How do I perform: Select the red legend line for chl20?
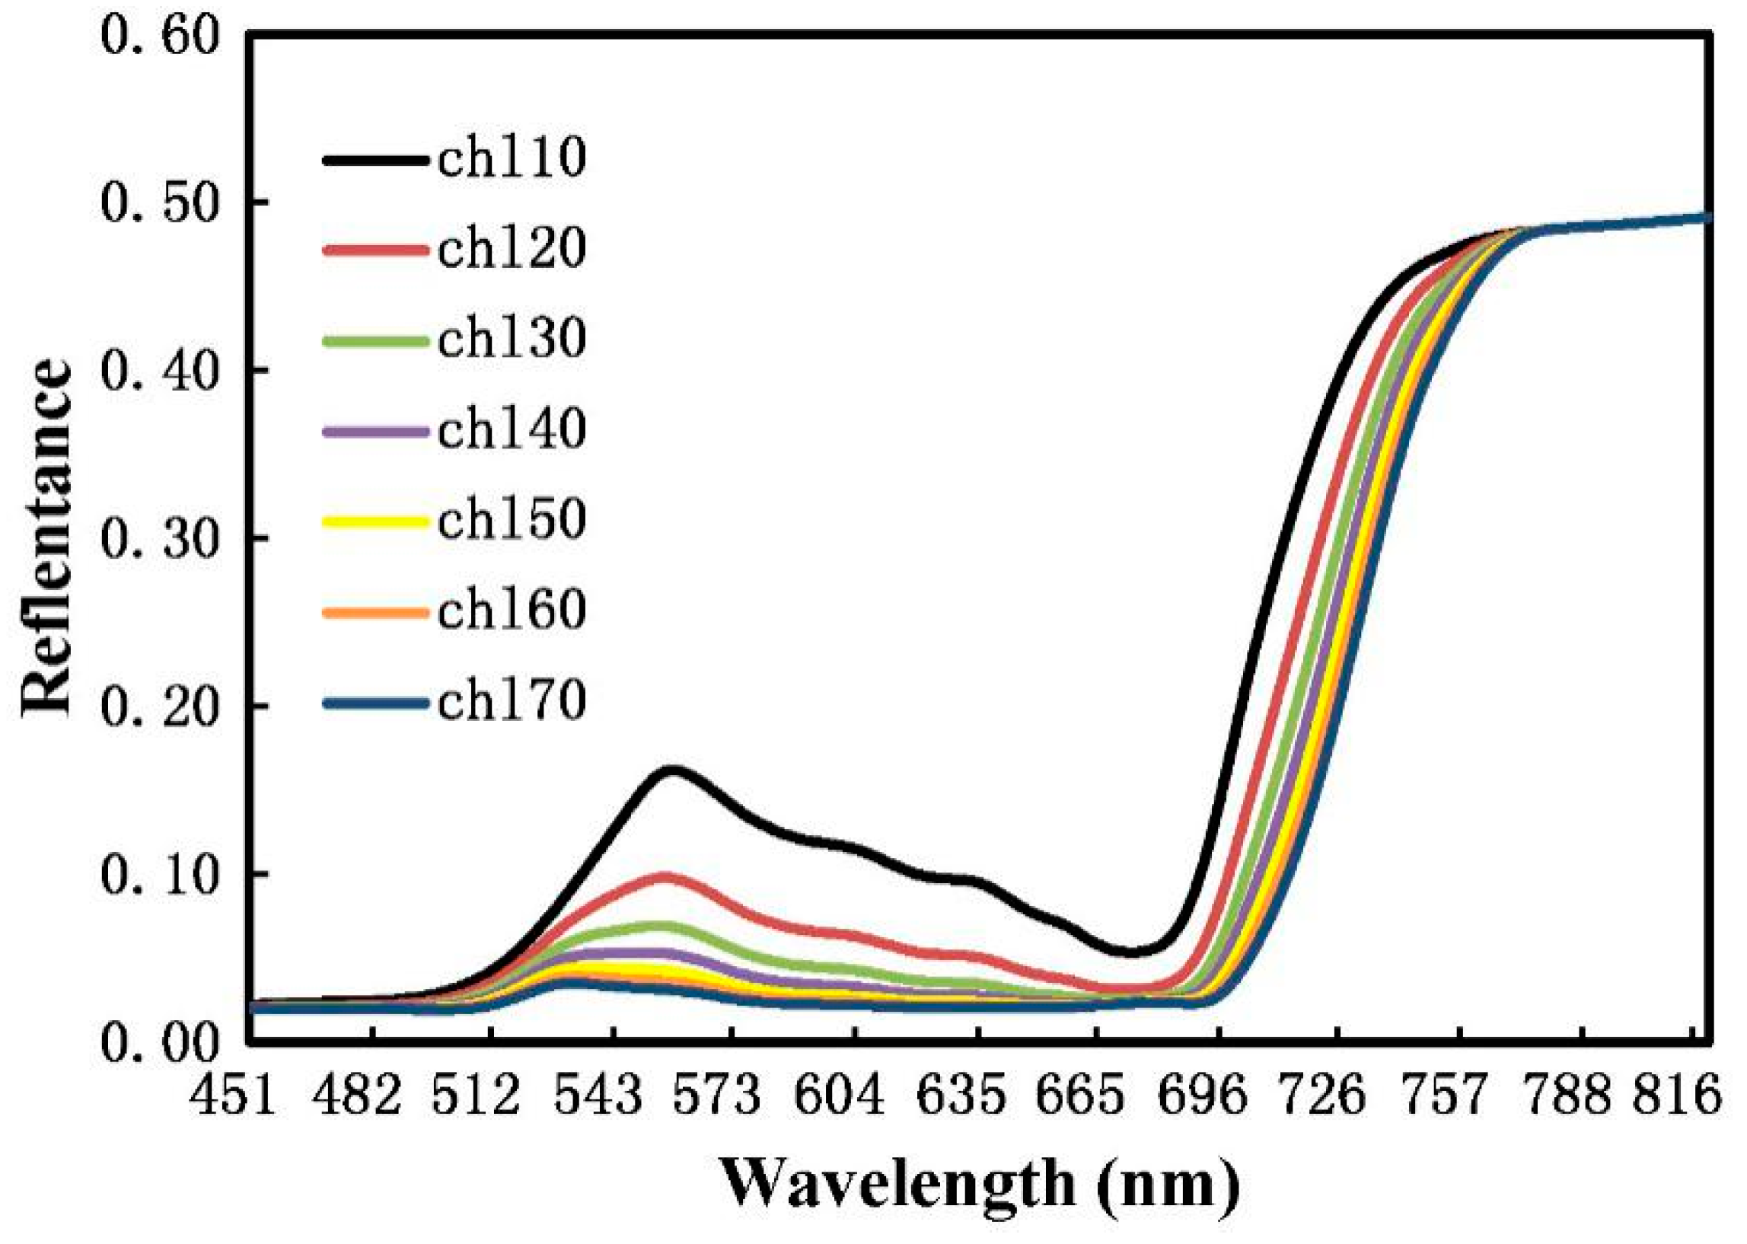click(375, 250)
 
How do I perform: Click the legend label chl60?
click(512, 611)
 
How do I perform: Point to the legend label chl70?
click(512, 702)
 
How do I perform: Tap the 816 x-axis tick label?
click(1677, 1097)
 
